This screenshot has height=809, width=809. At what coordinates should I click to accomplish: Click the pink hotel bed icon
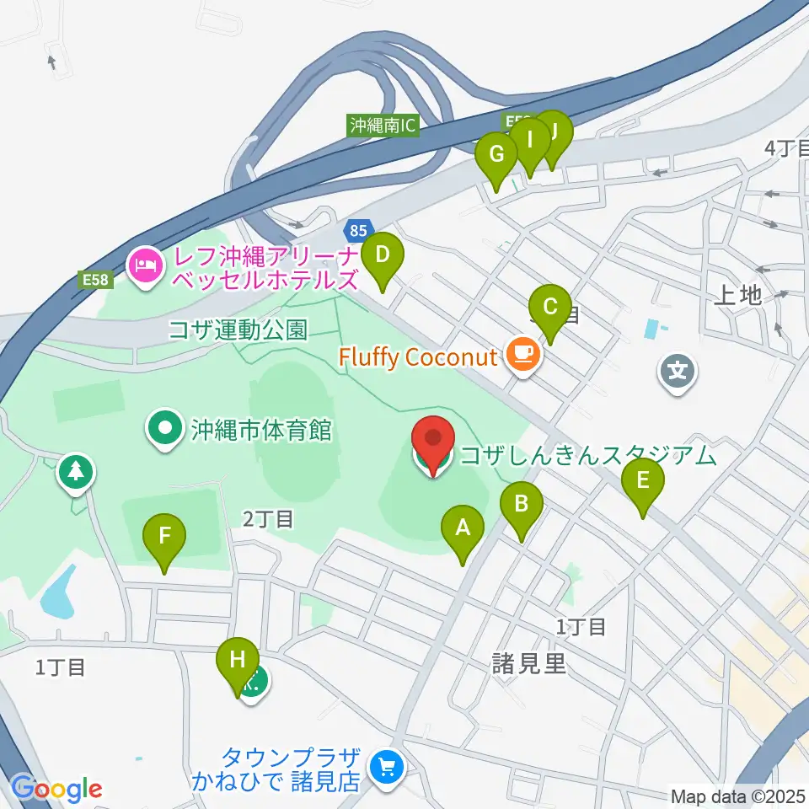pyautogui.click(x=145, y=266)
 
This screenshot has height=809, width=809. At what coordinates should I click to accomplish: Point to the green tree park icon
pyautogui.click(x=76, y=471)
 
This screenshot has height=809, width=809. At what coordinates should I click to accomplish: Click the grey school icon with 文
pyautogui.click(x=678, y=368)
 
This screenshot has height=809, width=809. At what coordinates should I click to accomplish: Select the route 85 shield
pyautogui.click(x=356, y=228)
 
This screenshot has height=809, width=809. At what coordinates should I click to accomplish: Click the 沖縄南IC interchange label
pyautogui.click(x=383, y=126)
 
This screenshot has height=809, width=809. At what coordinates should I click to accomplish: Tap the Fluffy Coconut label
pyautogui.click(x=418, y=356)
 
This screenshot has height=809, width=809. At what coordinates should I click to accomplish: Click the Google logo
pyautogui.click(x=56, y=789)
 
